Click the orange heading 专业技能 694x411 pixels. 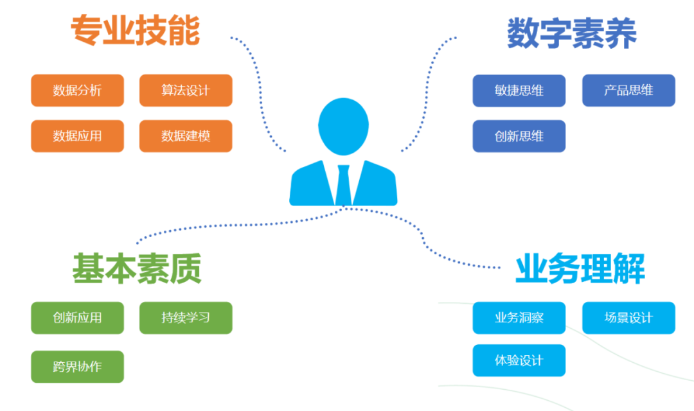135,31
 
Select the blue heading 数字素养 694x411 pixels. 572,33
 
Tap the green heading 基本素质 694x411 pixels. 136,268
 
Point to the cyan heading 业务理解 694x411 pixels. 580,269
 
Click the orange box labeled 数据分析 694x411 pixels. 77,91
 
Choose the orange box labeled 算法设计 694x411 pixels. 186,91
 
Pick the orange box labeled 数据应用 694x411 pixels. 77,136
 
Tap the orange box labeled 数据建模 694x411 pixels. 186,136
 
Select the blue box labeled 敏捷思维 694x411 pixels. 519,91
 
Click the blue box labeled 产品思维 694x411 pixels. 628,91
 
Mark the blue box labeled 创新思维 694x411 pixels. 519,136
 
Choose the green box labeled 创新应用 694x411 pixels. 77,318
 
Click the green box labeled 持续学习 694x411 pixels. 186,318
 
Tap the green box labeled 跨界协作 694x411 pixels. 77,367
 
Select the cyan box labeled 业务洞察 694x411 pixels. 519,318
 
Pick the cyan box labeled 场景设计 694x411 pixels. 628,318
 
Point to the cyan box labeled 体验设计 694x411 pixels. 519,360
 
